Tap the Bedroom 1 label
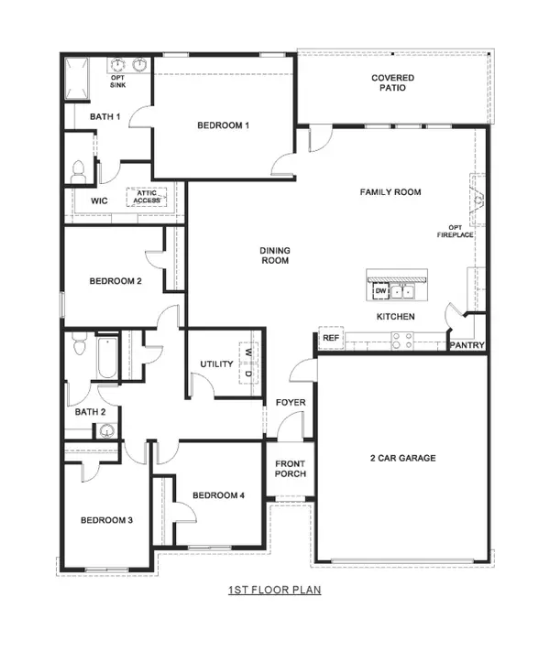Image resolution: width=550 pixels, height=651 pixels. tap(224, 125)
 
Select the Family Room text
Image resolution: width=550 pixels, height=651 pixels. tap(390, 192)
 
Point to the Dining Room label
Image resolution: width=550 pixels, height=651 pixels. tap(274, 255)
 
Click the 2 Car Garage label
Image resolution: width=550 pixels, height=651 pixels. tap(403, 458)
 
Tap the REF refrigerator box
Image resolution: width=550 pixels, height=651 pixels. tap(330, 339)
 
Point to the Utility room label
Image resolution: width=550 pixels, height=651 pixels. tap(217, 364)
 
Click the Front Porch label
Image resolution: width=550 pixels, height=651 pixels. tap(290, 470)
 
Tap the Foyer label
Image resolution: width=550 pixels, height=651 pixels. tap(291, 403)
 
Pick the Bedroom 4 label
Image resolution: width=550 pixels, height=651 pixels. tap(219, 496)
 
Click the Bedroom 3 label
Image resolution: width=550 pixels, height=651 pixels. tap(106, 520)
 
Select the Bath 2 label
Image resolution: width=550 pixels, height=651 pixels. tap(89, 413)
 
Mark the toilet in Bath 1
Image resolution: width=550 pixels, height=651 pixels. tap(79, 169)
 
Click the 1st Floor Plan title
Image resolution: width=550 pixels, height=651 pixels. tap(275, 591)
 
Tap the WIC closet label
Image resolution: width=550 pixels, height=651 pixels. tap(99, 201)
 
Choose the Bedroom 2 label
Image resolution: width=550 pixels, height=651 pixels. tap(115, 281)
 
